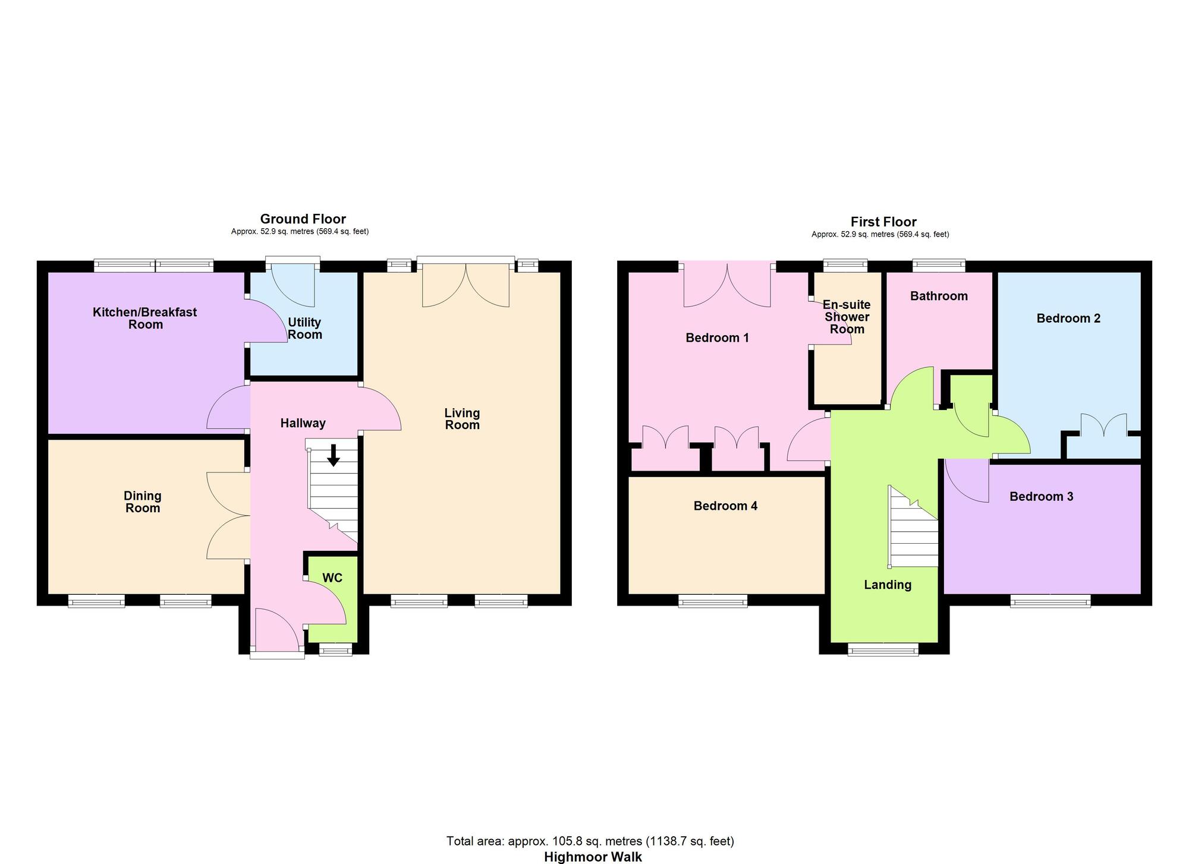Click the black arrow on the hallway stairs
[334, 455]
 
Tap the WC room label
[332, 578]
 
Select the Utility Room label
[304, 329]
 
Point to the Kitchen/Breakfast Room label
[145, 318]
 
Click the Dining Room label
[143, 502]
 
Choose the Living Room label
[462, 418]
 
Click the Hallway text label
[303, 423]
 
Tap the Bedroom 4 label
[725, 506]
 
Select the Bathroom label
[939, 296]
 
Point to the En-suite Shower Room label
[847, 317]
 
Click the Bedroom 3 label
[1041, 496]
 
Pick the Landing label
[887, 585]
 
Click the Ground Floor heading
[303, 219]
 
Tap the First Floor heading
[883, 222]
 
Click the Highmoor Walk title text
[593, 857]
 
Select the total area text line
[590, 841]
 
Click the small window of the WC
[336, 651]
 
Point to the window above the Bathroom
[939, 264]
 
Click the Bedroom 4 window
[713, 603]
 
